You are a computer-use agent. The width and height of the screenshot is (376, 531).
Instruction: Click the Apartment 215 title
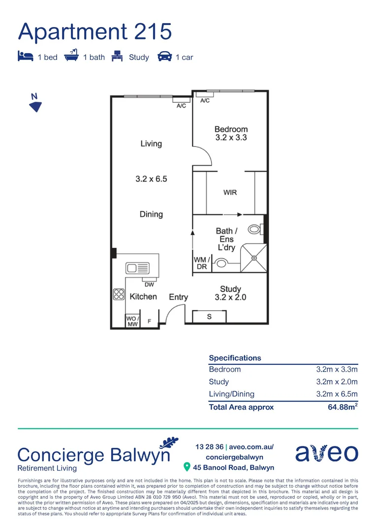95,31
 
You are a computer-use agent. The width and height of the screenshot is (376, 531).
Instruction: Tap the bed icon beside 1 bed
26,57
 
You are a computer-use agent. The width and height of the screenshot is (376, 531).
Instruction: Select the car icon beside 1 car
164,57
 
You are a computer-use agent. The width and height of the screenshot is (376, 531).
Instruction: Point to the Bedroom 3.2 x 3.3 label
231,134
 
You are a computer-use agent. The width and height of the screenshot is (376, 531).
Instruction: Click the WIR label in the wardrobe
230,192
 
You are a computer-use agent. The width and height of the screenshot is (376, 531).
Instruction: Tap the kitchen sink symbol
137,268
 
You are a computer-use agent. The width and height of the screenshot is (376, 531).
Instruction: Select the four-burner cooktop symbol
119,294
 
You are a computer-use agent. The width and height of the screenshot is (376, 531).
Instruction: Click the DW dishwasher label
149,285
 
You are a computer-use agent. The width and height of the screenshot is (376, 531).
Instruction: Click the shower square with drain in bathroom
253,258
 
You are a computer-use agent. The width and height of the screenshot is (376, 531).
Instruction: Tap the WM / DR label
201,263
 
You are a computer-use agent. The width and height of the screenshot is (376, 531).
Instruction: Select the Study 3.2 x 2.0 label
230,293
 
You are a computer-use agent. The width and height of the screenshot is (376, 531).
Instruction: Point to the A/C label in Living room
181,106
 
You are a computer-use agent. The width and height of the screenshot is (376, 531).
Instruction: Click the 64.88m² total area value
343,407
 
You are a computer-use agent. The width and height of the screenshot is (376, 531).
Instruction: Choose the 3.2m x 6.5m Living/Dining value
337,394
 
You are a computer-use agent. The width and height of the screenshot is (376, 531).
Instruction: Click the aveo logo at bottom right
326,453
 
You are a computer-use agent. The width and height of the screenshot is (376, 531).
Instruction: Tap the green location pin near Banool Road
187,467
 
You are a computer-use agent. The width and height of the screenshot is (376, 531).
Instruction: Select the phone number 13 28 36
209,447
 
